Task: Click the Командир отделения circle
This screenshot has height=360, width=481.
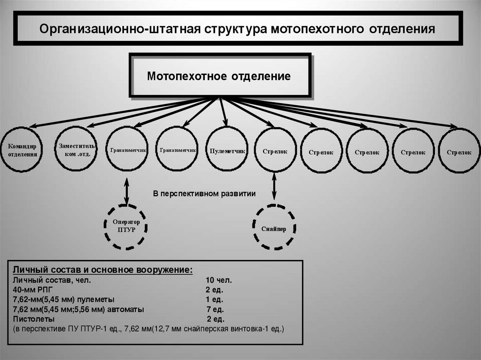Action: [x=22, y=150]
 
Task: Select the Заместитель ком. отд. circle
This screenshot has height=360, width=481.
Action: [x=76, y=150]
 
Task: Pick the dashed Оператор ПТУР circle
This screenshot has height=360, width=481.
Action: [x=126, y=227]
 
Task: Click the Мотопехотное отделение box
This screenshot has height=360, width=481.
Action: [x=219, y=76]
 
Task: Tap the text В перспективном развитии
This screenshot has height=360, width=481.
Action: [x=204, y=193]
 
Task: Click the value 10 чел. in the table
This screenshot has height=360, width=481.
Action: [x=218, y=280]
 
